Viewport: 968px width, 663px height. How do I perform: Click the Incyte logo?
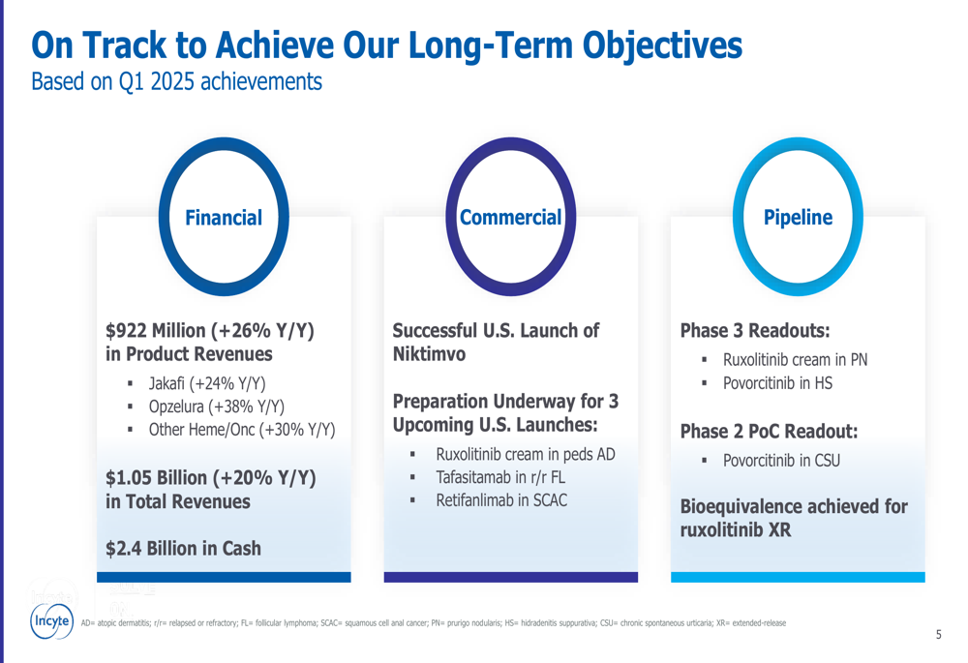[x=52, y=620]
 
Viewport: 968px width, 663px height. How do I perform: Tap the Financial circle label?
[x=224, y=218]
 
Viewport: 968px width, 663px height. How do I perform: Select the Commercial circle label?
[x=510, y=218]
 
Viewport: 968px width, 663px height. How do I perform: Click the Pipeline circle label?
[x=798, y=218]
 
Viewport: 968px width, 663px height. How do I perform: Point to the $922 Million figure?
[x=156, y=331]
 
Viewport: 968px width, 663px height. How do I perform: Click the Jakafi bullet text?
[x=207, y=383]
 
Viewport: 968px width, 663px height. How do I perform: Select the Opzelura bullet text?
[x=217, y=407]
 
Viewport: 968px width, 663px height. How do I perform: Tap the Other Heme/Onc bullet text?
[x=242, y=430]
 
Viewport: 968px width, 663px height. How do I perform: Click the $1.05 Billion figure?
[x=156, y=478]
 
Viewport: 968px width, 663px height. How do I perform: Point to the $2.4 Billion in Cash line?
[x=183, y=548]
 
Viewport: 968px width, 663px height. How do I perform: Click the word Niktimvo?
[x=429, y=354]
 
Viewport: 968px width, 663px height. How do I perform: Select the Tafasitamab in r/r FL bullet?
[x=500, y=477]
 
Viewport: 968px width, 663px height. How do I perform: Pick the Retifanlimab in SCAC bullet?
[x=501, y=500]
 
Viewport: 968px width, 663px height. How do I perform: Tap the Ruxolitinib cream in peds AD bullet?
[x=526, y=454]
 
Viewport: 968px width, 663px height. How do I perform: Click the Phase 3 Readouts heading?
[x=755, y=331]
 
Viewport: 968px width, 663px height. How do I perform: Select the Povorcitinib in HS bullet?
[x=777, y=383]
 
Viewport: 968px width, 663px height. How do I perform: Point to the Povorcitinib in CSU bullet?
[x=781, y=461]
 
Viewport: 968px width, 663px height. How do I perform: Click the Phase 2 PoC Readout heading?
[x=770, y=431]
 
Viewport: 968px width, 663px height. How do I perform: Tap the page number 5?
[x=938, y=635]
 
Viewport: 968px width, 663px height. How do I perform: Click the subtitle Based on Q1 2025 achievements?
[x=176, y=81]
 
